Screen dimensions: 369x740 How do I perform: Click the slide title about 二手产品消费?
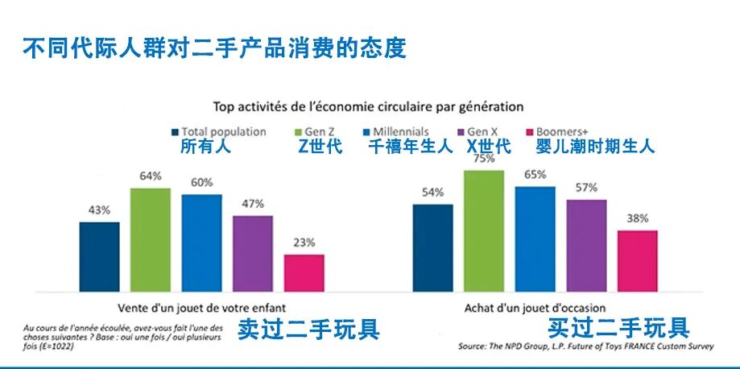[x=213, y=47]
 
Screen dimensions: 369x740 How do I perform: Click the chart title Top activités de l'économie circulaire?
[x=368, y=106]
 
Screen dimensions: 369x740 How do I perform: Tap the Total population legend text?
[x=223, y=131]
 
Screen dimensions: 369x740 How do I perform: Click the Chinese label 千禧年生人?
[x=410, y=147]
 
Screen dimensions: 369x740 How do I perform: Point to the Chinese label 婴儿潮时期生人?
[x=595, y=147]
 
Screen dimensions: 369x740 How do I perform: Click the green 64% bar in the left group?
[x=151, y=239]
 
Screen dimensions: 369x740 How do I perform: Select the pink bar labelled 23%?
[x=304, y=272]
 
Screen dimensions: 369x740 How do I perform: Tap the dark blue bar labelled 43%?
[x=99, y=256]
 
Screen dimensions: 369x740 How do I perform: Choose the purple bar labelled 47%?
[x=253, y=253]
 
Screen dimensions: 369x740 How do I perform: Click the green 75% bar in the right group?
[x=484, y=230]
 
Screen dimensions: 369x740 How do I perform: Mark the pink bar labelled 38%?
[x=638, y=260]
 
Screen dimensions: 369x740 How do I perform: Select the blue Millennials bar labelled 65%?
[x=535, y=238]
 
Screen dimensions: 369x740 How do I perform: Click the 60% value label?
[x=202, y=182]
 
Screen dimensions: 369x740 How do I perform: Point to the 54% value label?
[x=432, y=193]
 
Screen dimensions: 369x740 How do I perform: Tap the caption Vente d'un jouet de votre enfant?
[x=201, y=307]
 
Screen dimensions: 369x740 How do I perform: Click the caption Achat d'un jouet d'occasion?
[x=535, y=307]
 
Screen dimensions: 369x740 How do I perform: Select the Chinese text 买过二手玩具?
[x=618, y=328]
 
